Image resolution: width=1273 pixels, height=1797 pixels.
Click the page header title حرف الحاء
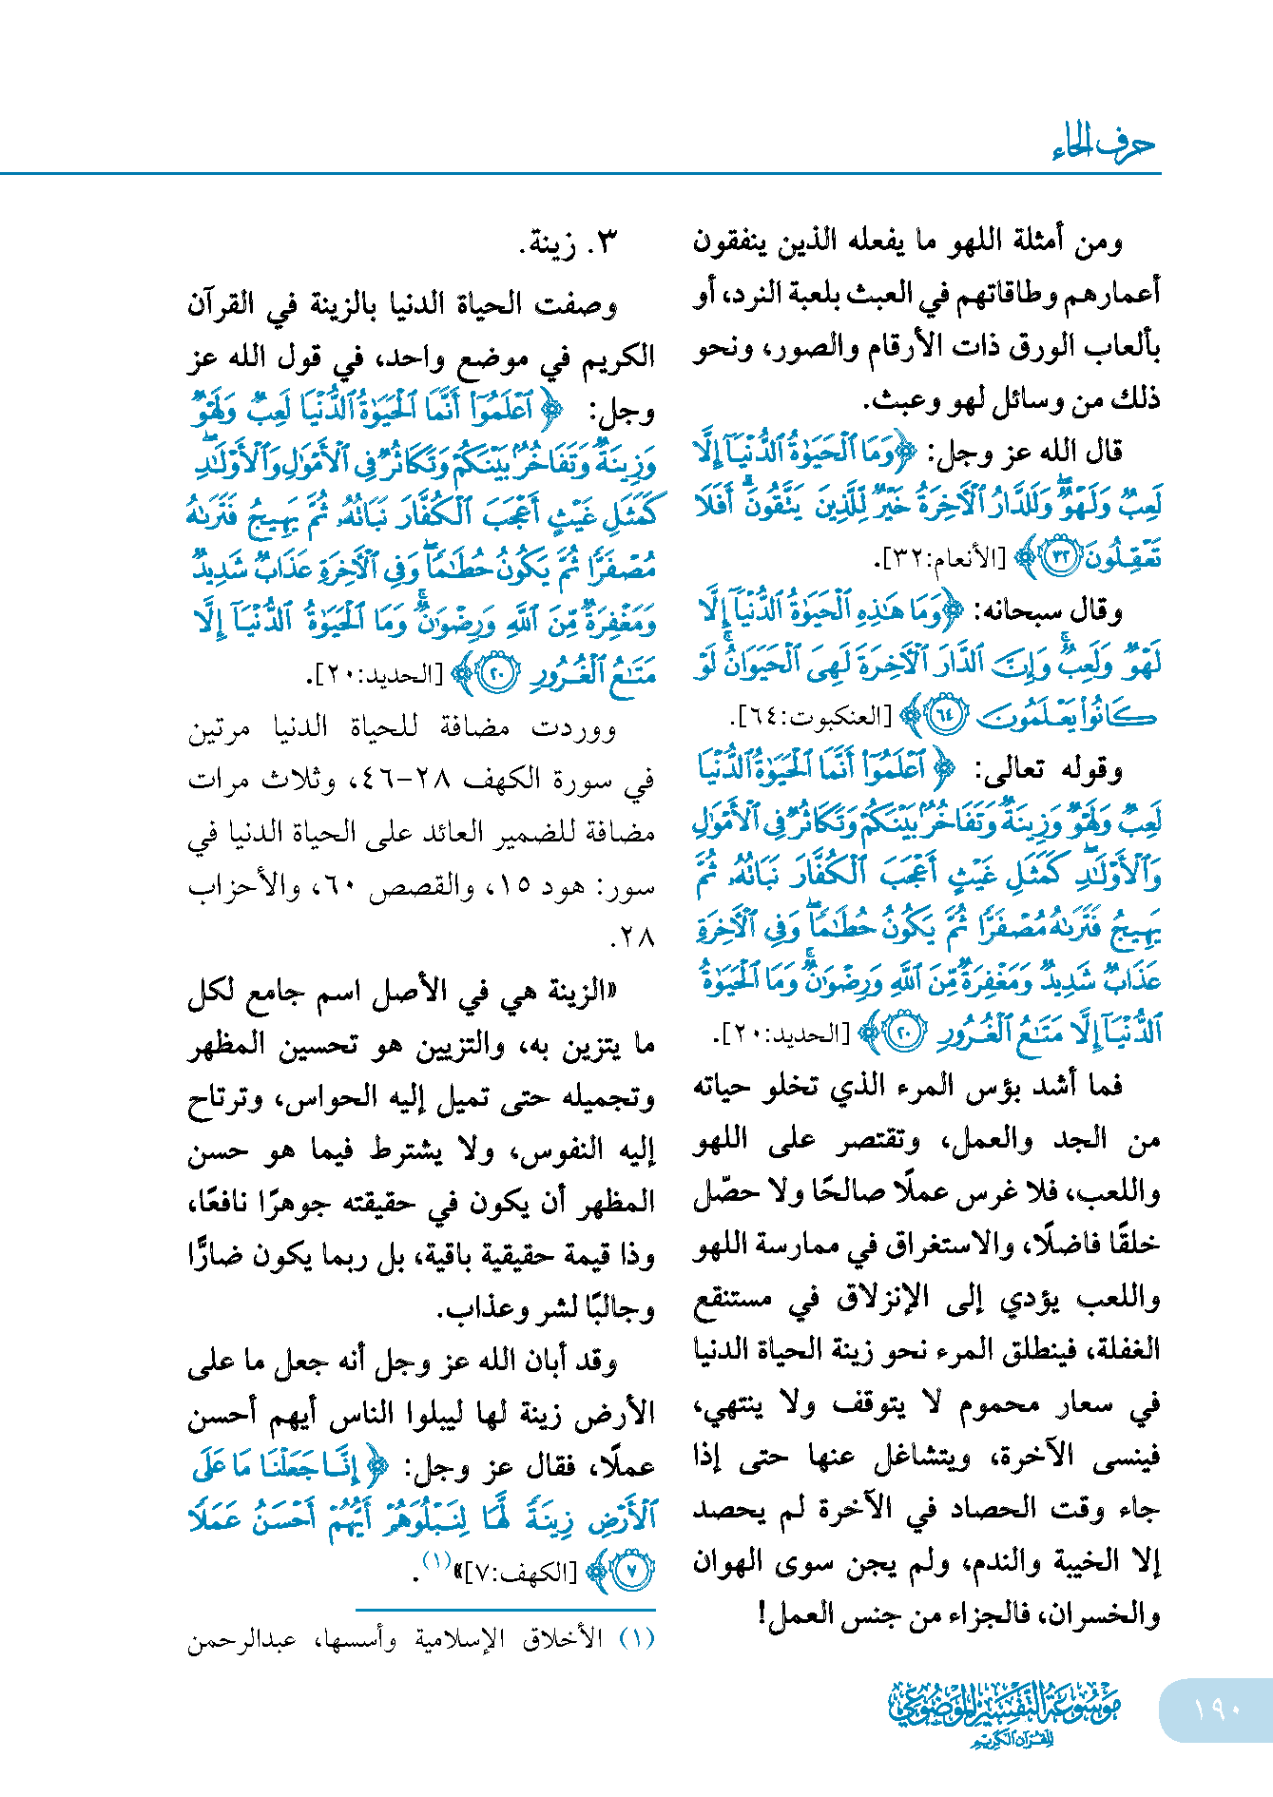point(1103,145)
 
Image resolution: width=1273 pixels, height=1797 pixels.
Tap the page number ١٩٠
point(1217,1709)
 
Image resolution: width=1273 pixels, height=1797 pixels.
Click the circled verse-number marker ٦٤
point(945,716)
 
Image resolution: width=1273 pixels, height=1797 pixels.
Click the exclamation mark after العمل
point(763,1613)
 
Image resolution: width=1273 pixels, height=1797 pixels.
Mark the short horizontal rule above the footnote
point(506,1610)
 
